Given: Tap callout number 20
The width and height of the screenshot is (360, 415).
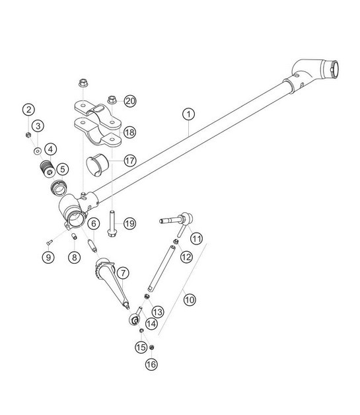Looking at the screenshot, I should [130, 101].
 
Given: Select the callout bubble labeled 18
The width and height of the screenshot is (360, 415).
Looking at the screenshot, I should [129, 132].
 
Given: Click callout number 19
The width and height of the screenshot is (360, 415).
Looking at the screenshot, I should [129, 224].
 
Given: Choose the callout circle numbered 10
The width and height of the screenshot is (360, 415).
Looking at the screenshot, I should [190, 299].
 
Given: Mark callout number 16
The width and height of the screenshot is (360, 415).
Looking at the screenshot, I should [151, 363].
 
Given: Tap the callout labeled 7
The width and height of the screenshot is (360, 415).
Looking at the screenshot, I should [122, 272].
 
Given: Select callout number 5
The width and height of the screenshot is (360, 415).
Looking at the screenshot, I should [63, 169].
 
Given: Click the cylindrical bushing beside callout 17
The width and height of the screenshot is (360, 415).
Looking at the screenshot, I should [100, 164].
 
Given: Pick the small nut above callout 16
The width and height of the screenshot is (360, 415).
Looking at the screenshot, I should [151, 348].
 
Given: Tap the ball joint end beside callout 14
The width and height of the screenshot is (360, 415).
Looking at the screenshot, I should [133, 321].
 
